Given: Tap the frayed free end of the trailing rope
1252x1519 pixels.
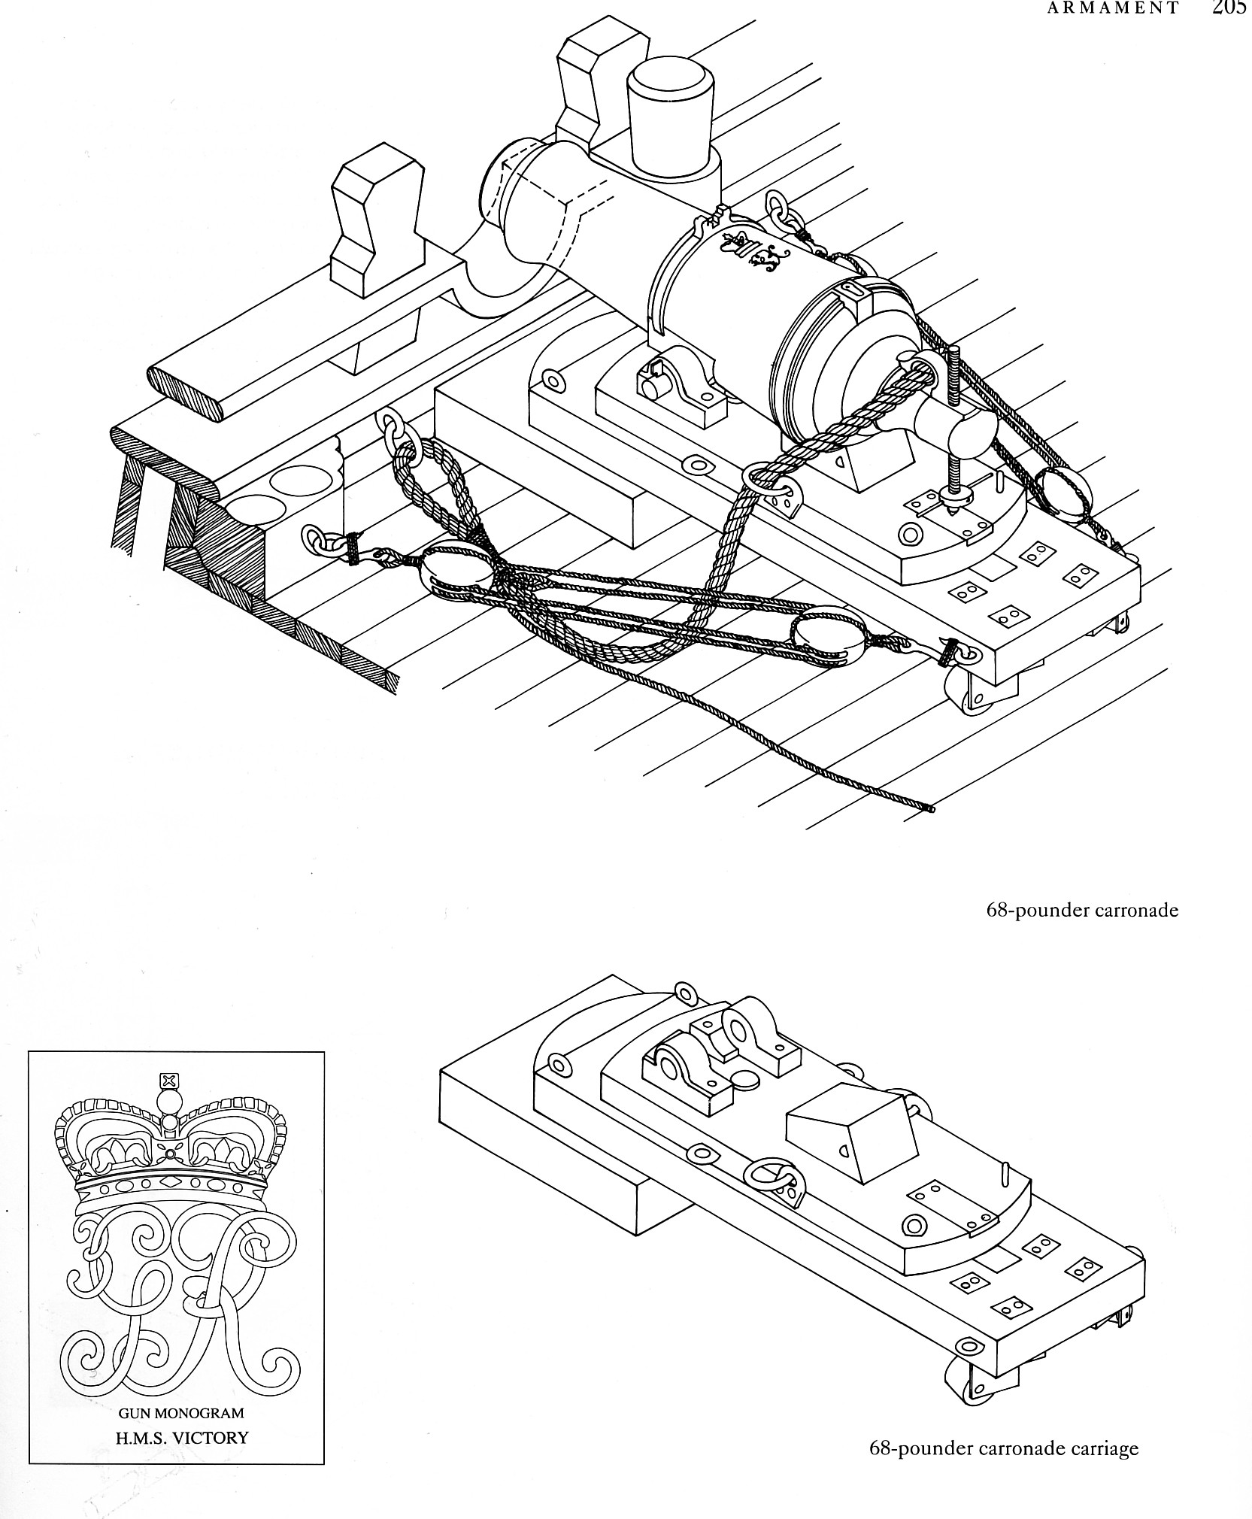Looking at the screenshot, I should (x=931, y=809).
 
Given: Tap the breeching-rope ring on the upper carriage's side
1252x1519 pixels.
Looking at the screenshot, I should (x=765, y=481).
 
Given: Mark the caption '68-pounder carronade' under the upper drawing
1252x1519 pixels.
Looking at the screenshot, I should (x=1081, y=910).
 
